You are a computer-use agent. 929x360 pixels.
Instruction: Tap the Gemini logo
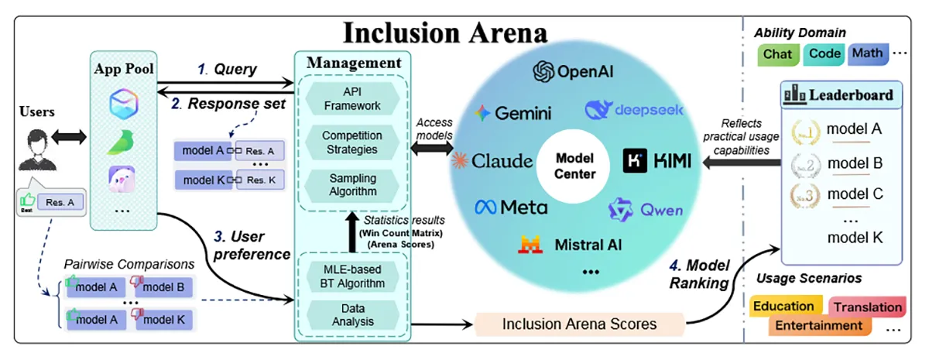click(514, 113)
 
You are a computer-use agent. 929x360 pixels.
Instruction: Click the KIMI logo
click(653, 161)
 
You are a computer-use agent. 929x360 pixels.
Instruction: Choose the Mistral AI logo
click(571, 245)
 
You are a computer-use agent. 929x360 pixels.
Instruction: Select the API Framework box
click(351, 98)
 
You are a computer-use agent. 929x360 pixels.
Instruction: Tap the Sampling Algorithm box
click(351, 185)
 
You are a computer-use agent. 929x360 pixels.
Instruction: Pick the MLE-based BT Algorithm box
click(351, 276)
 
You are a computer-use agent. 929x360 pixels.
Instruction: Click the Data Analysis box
click(351, 316)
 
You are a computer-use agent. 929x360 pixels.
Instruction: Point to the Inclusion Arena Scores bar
click(579, 324)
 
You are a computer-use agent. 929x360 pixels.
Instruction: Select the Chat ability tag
click(777, 55)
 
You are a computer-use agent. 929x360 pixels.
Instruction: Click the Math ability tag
click(867, 54)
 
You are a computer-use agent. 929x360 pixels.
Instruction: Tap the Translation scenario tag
click(868, 307)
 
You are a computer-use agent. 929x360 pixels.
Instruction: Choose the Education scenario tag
click(783, 306)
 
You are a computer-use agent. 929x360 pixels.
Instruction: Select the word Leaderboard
click(850, 96)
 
